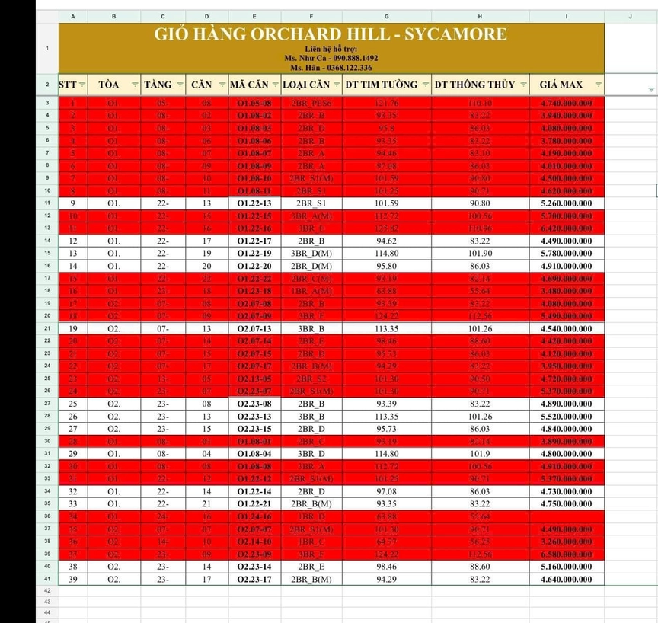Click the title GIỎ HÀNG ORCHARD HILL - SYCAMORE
click(331, 34)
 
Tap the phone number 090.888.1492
click(352, 58)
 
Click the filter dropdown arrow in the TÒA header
click(135, 85)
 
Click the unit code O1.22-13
click(254, 203)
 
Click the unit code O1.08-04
click(254, 453)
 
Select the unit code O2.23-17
click(254, 579)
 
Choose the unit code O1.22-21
click(254, 503)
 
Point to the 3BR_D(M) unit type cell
click(311, 253)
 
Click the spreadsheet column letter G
click(387, 15)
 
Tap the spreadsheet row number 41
click(47, 579)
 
